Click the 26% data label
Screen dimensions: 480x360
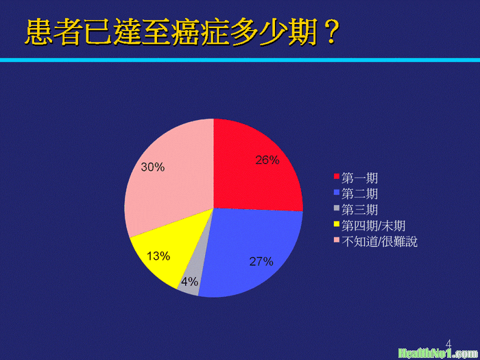click(x=267, y=160)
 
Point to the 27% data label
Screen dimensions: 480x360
click(x=261, y=262)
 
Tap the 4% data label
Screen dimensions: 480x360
click(x=189, y=282)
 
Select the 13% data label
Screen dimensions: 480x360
click(x=158, y=256)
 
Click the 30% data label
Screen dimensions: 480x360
click(x=153, y=167)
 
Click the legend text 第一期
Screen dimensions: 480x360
click(x=360, y=178)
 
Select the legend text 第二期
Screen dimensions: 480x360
click(x=360, y=194)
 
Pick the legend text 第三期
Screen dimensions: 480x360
click(x=360, y=210)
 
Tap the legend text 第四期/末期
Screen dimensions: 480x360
click(x=374, y=226)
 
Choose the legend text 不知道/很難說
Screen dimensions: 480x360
click(x=380, y=242)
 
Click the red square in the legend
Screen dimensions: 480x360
click(x=337, y=176)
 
